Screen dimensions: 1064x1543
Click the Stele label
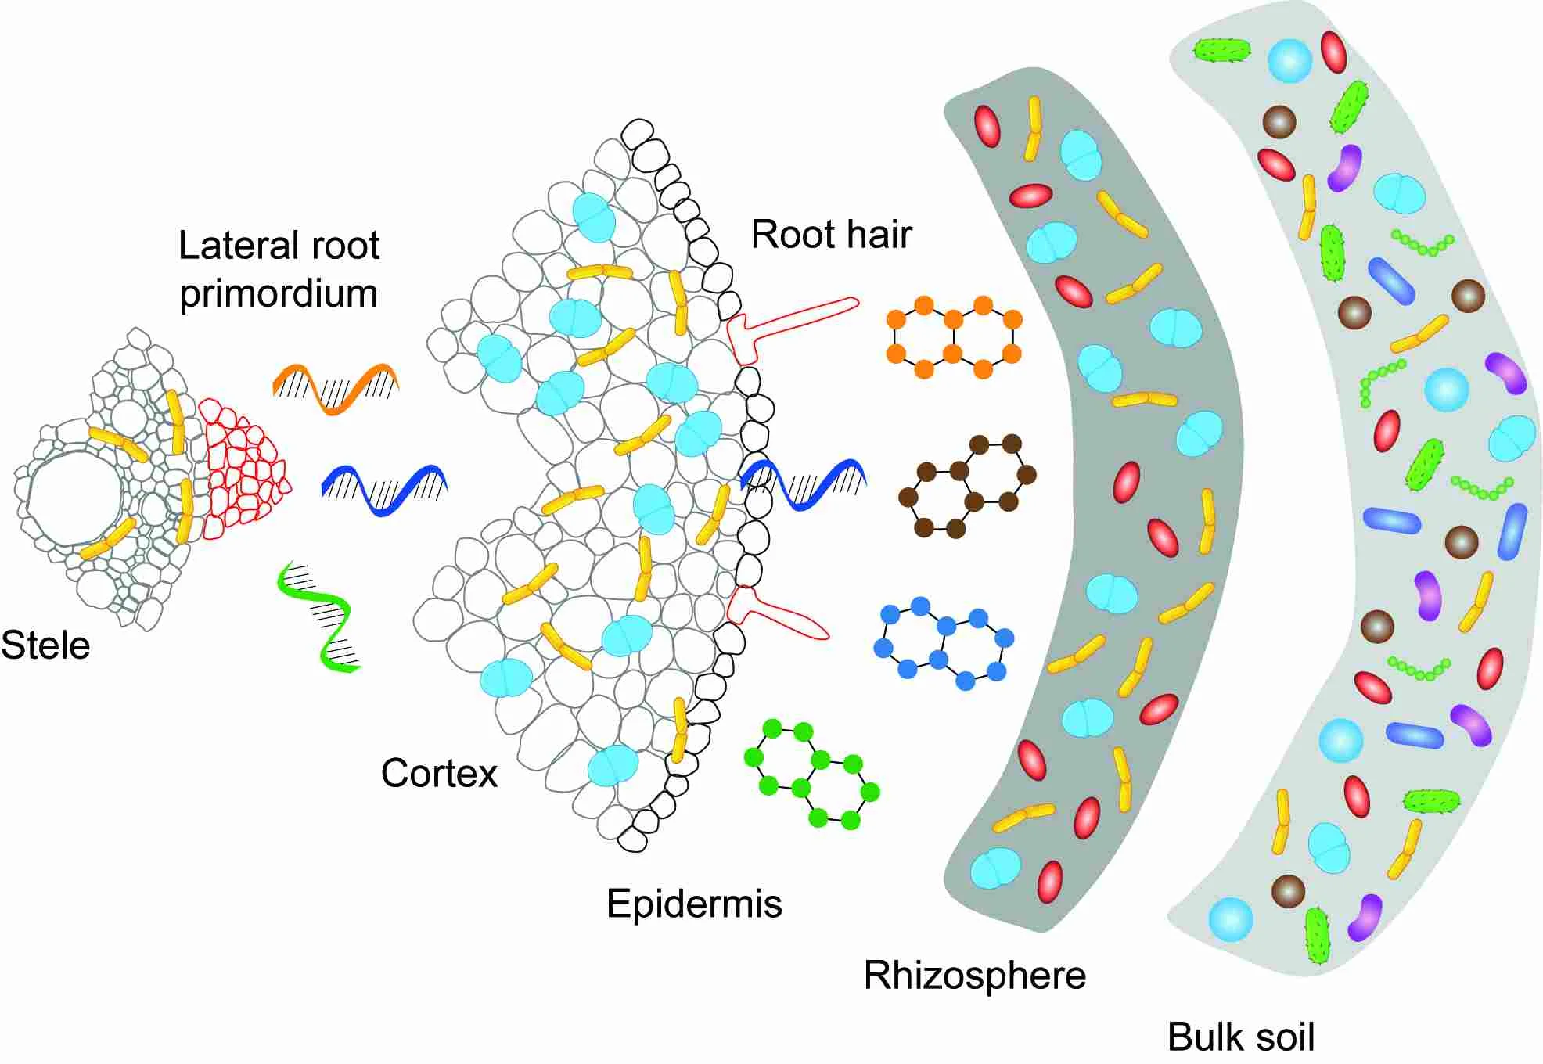pyautogui.click(x=45, y=645)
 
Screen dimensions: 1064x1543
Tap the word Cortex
pyautogui.click(x=439, y=773)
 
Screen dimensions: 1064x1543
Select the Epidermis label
pyautogui.click(x=694, y=904)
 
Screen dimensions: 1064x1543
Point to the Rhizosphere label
pyautogui.click(x=974, y=976)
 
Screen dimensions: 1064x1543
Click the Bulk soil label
pyautogui.click(x=1240, y=1037)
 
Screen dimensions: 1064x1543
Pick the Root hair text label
pyautogui.click(x=831, y=234)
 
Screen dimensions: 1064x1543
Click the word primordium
pyautogui.click(x=279, y=293)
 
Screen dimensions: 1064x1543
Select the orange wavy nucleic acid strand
pyautogui.click(x=336, y=386)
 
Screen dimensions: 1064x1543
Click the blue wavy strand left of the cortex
pyautogui.click(x=383, y=489)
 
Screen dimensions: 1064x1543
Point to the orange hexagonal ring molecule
pyautogui.click(x=953, y=336)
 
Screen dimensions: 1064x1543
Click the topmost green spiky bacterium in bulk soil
pyautogui.click(x=1221, y=51)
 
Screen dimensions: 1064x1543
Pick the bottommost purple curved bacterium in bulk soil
pyautogui.click(x=1365, y=917)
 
